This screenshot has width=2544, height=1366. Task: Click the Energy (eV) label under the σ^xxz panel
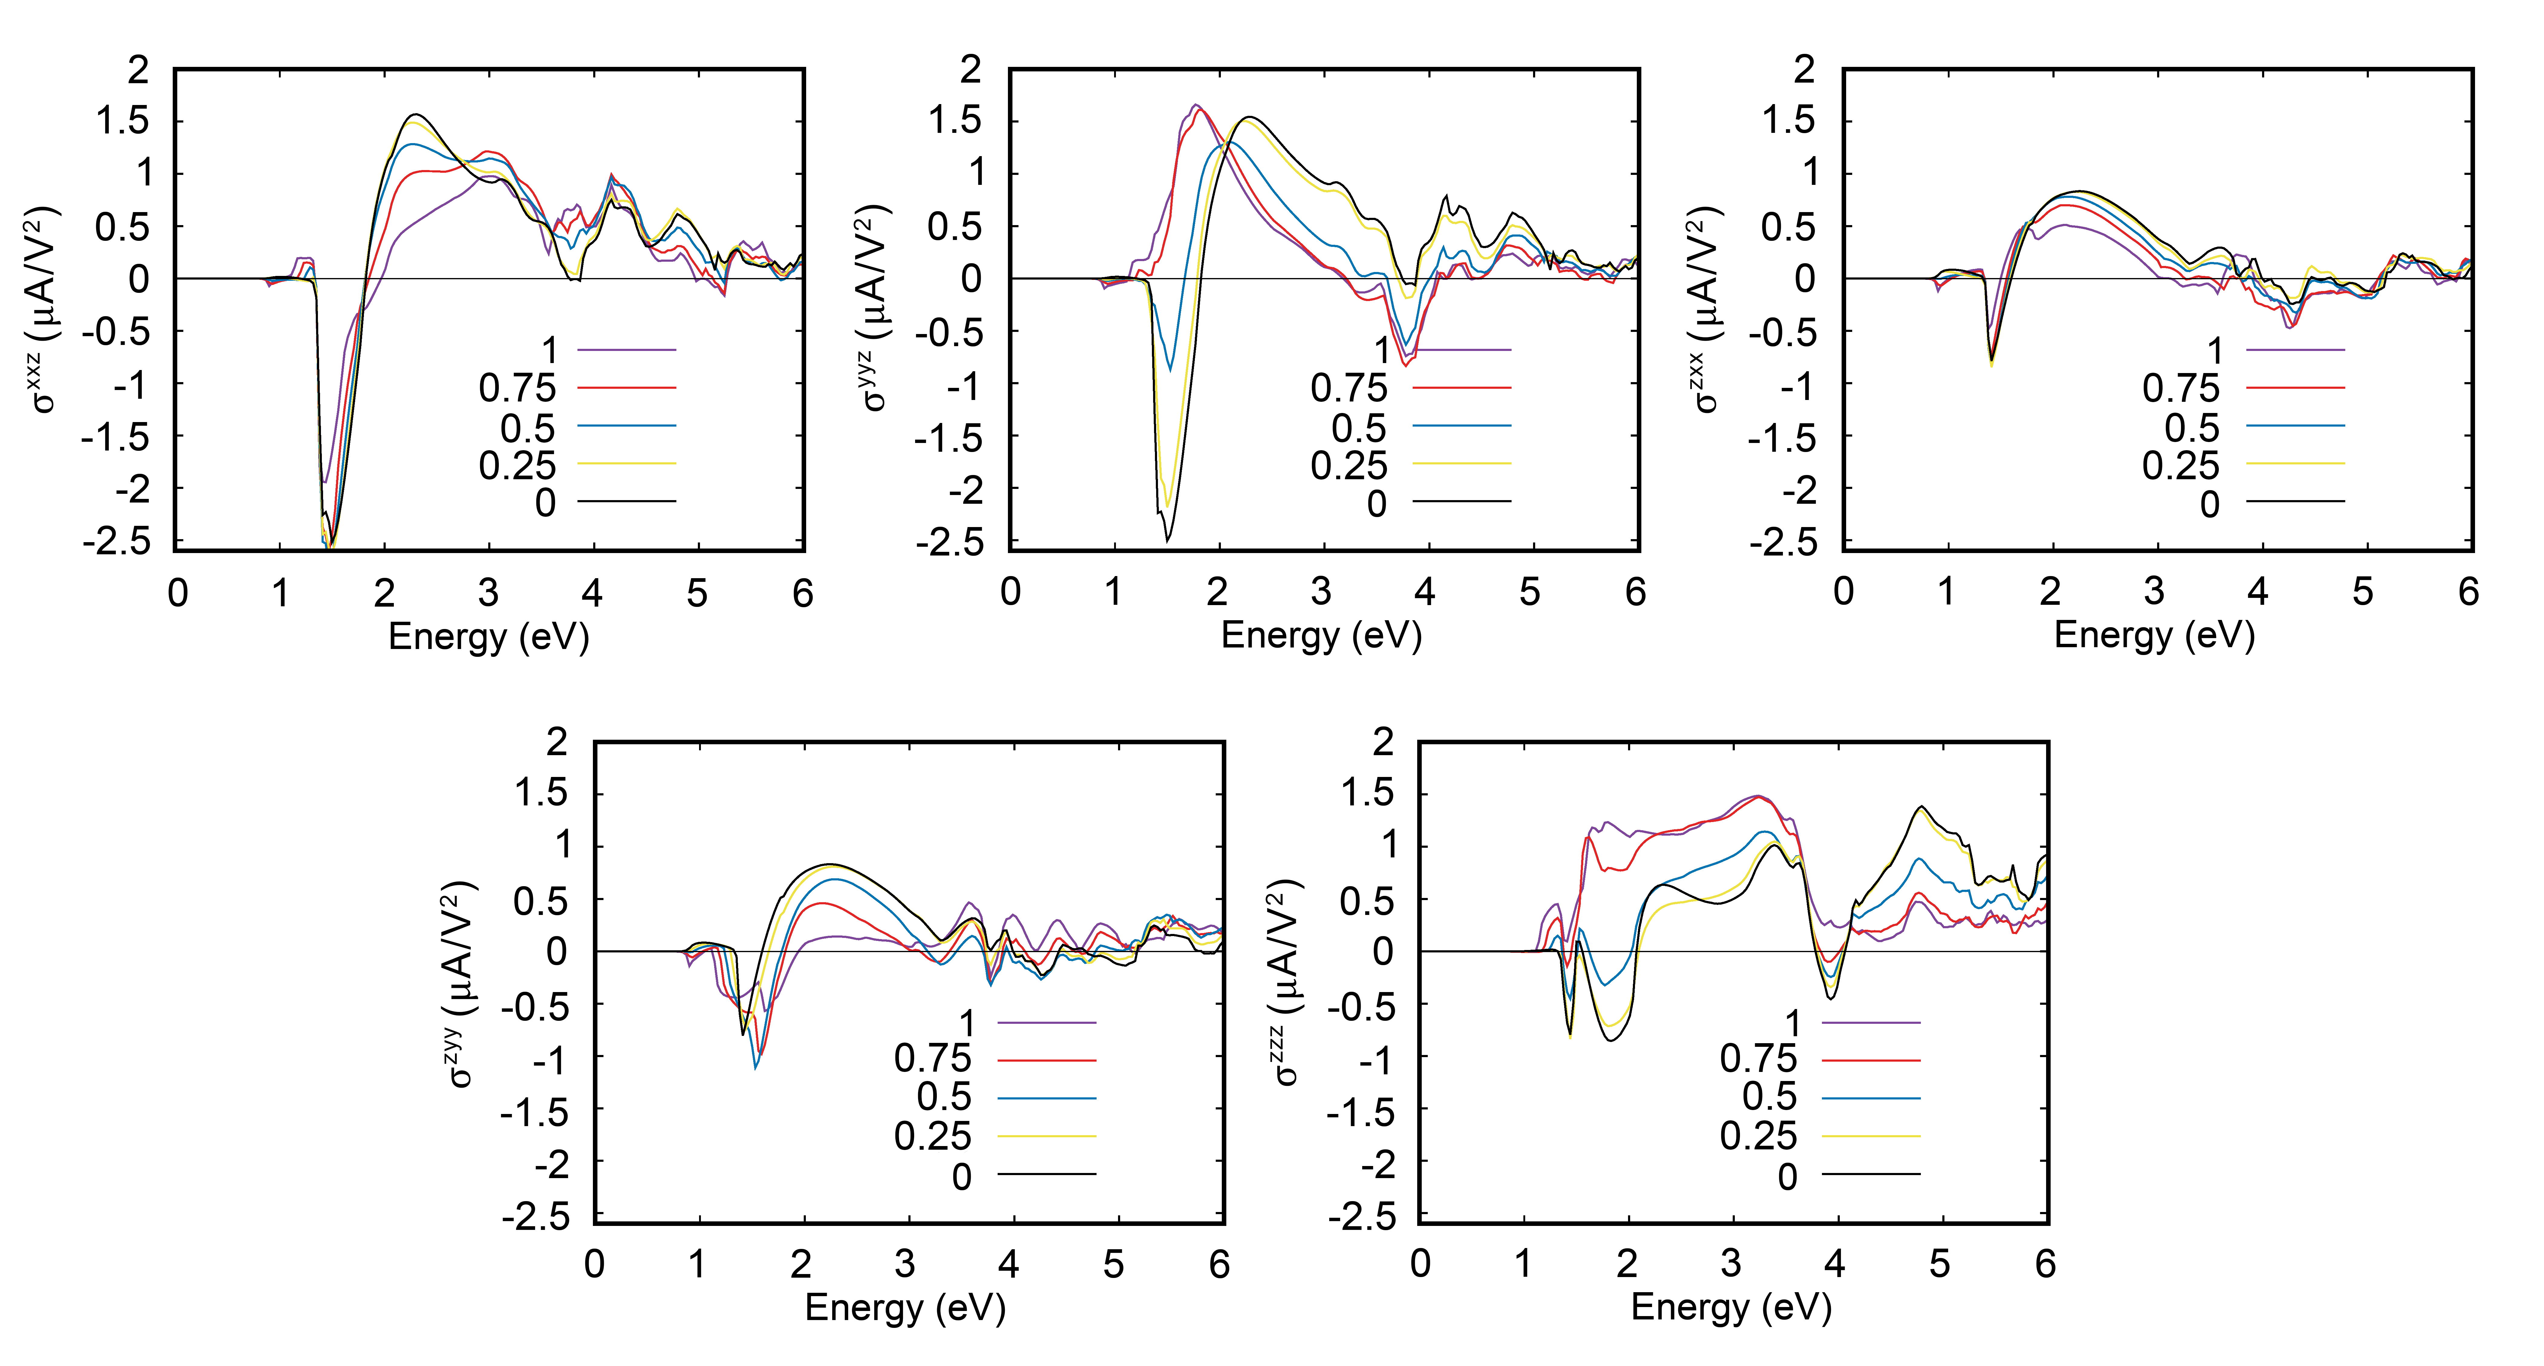point(489,637)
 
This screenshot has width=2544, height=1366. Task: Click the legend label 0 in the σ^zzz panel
point(1787,1176)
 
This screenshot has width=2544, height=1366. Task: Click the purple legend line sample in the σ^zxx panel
point(2295,350)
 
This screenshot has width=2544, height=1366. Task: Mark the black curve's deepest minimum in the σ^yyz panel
point(1167,540)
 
